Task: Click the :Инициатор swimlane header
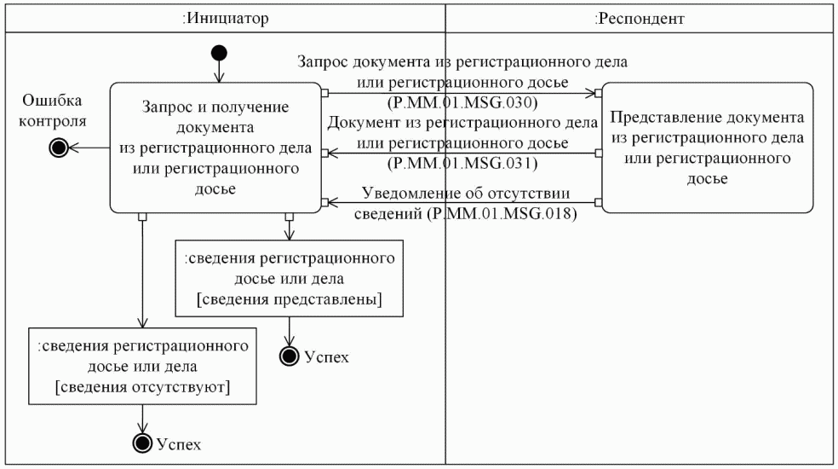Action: pyautogui.click(x=226, y=17)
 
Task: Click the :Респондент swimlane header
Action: pyautogui.click(x=640, y=17)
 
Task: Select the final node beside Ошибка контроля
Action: pyautogui.click(x=58, y=148)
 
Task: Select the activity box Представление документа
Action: pyautogui.click(x=707, y=147)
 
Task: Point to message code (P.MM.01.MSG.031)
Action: pyautogui.click(x=462, y=161)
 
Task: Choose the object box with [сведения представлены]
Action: pyautogui.click(x=289, y=278)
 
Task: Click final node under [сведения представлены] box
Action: pyautogui.click(x=290, y=356)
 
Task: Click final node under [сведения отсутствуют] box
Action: pyautogui.click(x=142, y=443)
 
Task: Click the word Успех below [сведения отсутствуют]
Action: pyautogui.click(x=179, y=444)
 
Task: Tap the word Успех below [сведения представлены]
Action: pyautogui.click(x=326, y=356)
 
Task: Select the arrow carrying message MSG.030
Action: pyautogui.click(x=460, y=92)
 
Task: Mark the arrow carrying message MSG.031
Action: pyautogui.click(x=460, y=152)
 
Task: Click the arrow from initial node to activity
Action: pyautogui.click(x=220, y=72)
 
